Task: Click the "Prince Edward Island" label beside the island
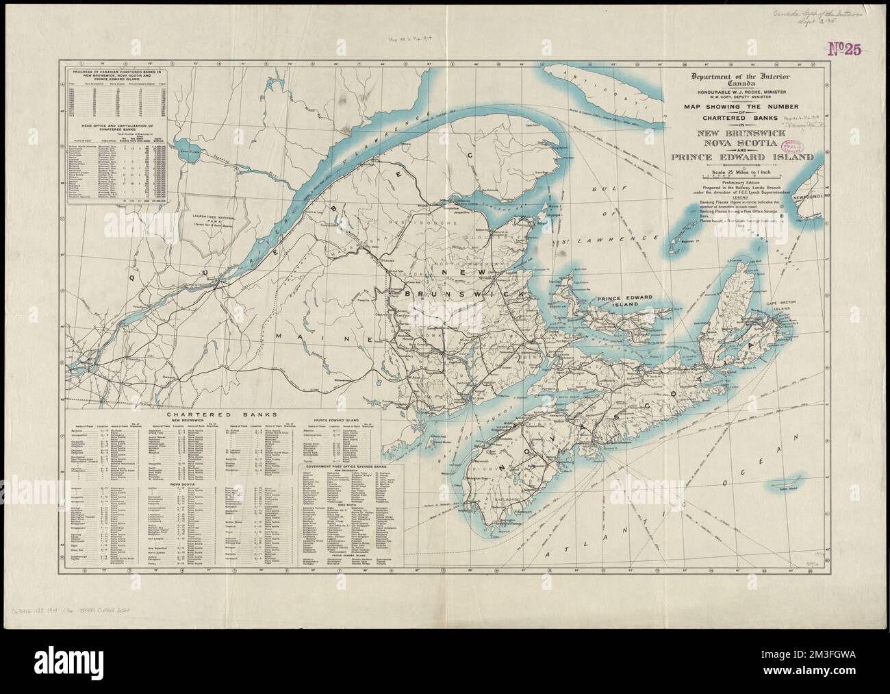tap(624, 303)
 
